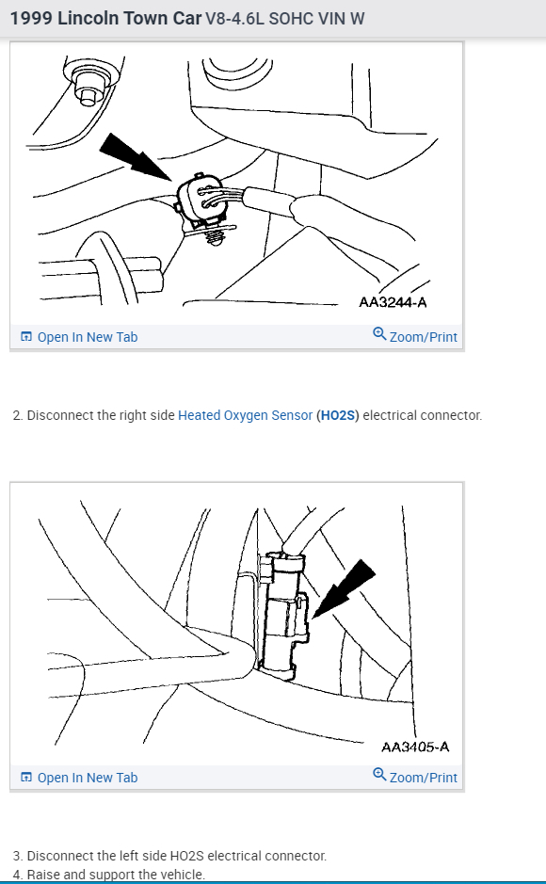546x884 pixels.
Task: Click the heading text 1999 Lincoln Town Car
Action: click(x=105, y=18)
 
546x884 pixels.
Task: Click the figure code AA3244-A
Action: click(x=393, y=302)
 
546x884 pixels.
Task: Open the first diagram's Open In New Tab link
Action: click(x=87, y=337)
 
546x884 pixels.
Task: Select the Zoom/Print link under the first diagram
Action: click(x=423, y=337)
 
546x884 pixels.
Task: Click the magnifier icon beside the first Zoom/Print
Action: click(x=379, y=334)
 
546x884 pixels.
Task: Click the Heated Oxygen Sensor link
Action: click(x=245, y=415)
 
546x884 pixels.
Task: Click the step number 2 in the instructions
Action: click(x=17, y=415)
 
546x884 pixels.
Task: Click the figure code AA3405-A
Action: click(x=414, y=747)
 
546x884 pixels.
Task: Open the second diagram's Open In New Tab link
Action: click(x=87, y=778)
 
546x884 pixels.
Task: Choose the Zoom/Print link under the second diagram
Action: click(x=423, y=778)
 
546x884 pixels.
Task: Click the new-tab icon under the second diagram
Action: click(x=26, y=778)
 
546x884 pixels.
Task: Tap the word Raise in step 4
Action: click(x=44, y=875)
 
